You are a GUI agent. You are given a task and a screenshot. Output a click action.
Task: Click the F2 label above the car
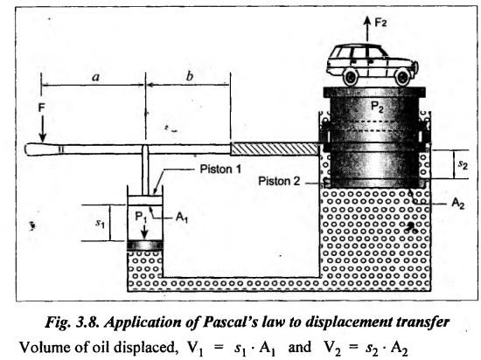tap(380, 23)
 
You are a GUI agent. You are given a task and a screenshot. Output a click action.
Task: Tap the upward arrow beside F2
tap(367, 29)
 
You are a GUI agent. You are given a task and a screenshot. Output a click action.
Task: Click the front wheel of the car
tap(403, 77)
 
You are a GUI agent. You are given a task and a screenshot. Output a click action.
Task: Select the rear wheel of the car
tap(351, 77)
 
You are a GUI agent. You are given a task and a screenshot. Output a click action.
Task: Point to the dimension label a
tap(96, 77)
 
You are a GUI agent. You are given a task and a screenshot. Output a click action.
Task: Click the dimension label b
tap(190, 76)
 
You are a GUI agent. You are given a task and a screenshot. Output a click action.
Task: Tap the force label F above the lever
tap(41, 107)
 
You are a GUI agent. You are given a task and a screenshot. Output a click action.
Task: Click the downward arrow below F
tap(42, 129)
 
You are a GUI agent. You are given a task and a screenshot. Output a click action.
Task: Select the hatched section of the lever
tap(275, 149)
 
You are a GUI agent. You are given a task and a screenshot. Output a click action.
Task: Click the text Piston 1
tap(220, 169)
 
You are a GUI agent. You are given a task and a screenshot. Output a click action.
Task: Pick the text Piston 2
tap(279, 181)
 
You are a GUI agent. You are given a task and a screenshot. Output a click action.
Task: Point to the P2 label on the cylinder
tap(377, 107)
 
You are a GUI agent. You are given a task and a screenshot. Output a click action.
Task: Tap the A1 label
tap(182, 218)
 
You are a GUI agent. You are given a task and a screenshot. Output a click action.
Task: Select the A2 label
tap(458, 203)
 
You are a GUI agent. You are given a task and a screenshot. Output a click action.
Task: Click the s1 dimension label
tap(100, 223)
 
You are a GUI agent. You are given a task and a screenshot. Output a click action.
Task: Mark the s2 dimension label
tap(463, 164)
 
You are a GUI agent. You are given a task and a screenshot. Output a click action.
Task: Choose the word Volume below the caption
tap(42, 347)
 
